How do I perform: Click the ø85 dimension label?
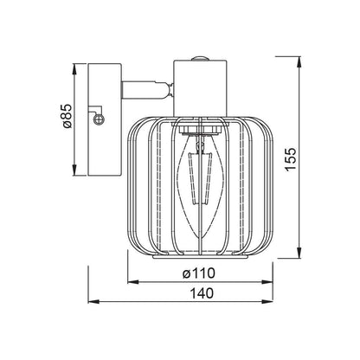click(x=67, y=116)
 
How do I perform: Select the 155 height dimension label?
click(x=291, y=159)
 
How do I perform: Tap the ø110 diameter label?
click(x=199, y=273)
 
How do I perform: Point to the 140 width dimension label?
click(x=202, y=293)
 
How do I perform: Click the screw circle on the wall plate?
click(x=99, y=119)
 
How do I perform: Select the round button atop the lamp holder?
click(x=200, y=59)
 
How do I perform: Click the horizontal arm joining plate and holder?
click(x=147, y=89)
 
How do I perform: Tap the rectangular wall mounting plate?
click(x=104, y=119)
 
